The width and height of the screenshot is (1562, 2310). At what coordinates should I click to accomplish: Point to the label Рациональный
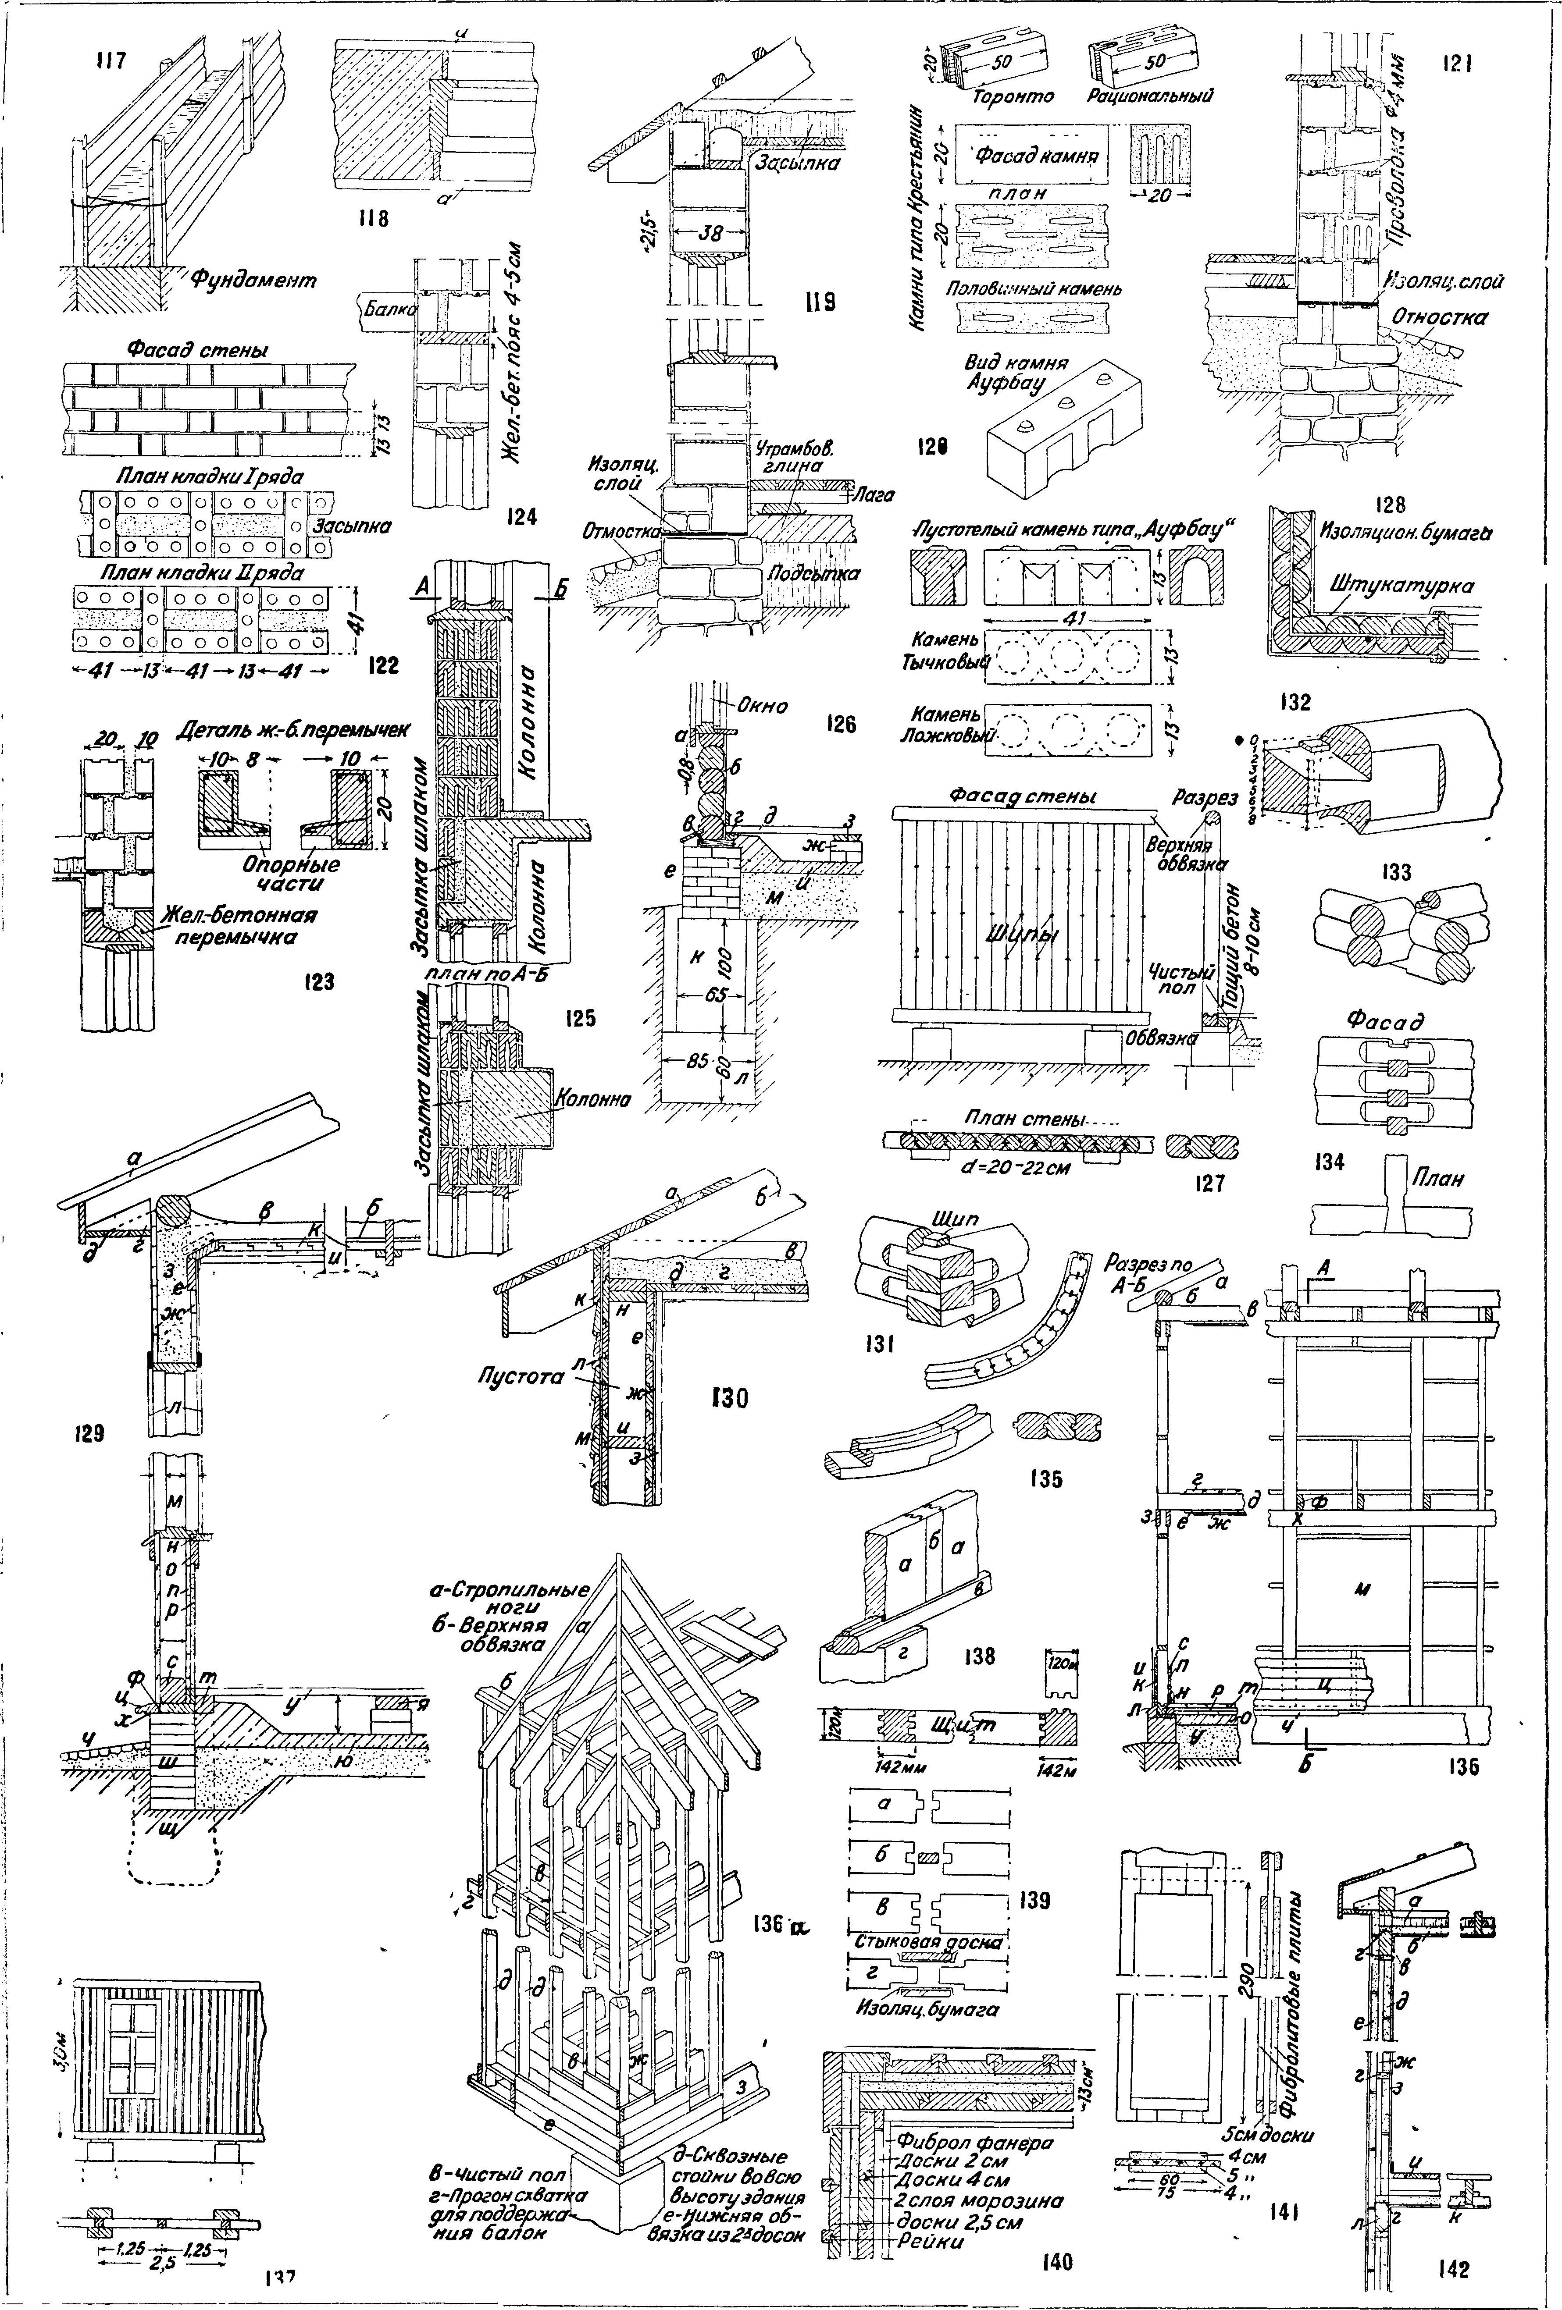[1153, 96]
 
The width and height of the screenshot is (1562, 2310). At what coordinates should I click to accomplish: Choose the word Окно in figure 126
[763, 706]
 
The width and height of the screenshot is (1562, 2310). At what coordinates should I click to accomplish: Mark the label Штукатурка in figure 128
[1402, 586]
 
